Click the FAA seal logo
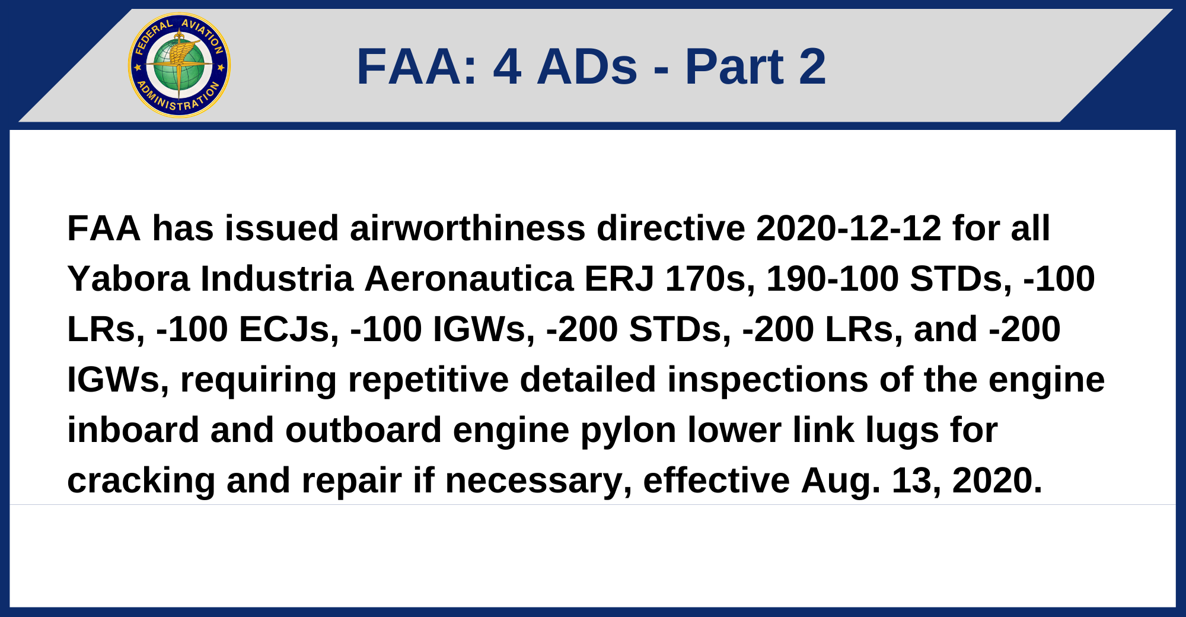click(179, 65)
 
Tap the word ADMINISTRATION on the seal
click(178, 101)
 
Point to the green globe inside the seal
click(179, 65)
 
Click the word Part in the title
click(734, 66)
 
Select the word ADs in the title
click(586, 66)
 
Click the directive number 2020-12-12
click(849, 228)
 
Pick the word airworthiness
click(467, 228)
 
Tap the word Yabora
click(128, 279)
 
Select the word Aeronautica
click(468, 279)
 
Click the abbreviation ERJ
click(618, 279)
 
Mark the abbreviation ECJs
click(288, 329)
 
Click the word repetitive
click(428, 380)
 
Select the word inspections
click(767, 380)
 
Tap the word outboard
click(364, 430)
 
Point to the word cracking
click(141, 481)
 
